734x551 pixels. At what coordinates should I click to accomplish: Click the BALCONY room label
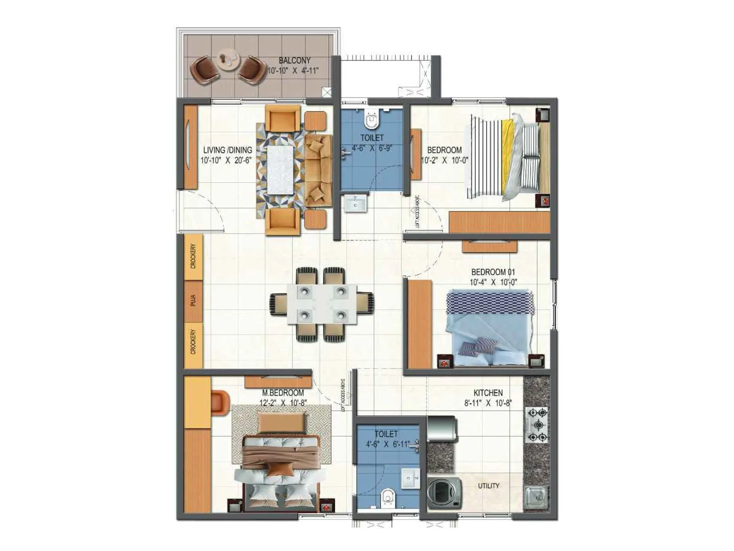(295, 60)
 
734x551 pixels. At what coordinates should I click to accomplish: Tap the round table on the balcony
(228, 60)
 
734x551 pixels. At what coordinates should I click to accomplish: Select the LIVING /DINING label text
(228, 150)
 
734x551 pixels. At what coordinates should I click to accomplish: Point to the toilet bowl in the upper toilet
(371, 120)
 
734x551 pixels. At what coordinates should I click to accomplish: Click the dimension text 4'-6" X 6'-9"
(372, 148)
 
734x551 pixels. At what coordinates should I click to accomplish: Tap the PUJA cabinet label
(193, 301)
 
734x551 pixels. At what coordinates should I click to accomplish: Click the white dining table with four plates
(322, 304)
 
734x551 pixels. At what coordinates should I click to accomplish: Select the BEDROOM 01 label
(493, 272)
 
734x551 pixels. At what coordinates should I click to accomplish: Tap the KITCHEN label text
(488, 393)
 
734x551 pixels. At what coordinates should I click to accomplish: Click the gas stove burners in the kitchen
(537, 424)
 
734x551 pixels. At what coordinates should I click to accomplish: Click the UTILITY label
(488, 485)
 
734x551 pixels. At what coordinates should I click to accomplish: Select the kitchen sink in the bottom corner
(537, 497)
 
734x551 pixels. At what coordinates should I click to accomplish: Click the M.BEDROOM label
(283, 393)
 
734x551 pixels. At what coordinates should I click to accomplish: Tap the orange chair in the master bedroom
(221, 400)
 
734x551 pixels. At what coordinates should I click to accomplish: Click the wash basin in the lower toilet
(410, 478)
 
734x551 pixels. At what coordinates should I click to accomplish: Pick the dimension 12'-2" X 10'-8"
(283, 403)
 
